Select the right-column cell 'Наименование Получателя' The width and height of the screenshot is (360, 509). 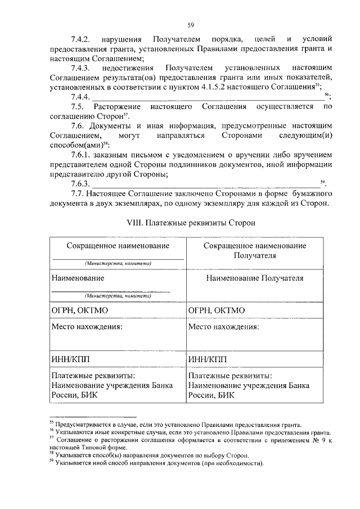coord(254,278)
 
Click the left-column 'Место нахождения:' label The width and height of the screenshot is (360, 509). coord(87,326)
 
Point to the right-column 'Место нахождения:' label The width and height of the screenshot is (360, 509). coord(223,326)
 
